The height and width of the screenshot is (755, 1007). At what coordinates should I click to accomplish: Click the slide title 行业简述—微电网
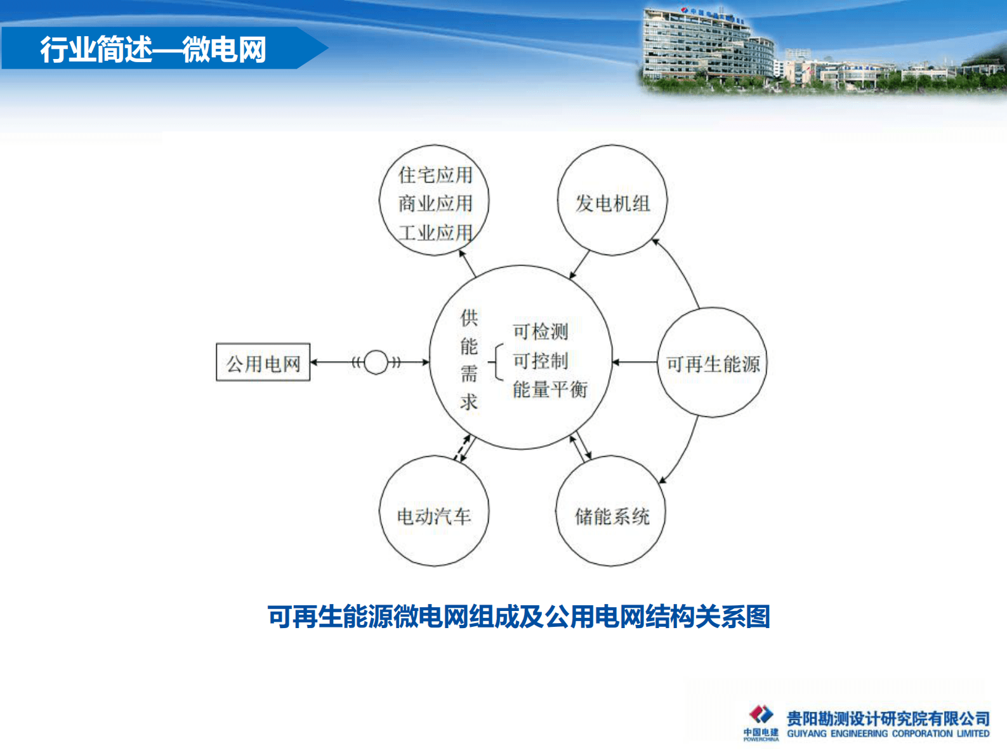click(x=153, y=49)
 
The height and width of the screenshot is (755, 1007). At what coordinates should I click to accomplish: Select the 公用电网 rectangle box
click(x=263, y=363)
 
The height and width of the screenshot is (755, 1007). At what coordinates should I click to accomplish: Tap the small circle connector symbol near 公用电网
click(x=376, y=362)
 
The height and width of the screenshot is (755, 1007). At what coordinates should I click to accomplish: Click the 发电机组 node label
click(x=612, y=203)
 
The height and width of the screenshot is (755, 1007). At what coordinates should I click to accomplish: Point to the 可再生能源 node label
click(x=713, y=364)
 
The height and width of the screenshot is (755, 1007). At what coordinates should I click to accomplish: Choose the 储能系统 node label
click(x=612, y=516)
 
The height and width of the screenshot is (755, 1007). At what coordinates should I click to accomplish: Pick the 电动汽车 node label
click(x=434, y=516)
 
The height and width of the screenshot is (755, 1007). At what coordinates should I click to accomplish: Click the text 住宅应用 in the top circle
click(x=435, y=174)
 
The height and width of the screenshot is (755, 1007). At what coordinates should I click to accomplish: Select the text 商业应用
click(x=435, y=204)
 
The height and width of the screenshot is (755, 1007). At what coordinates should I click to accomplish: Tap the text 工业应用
click(x=435, y=233)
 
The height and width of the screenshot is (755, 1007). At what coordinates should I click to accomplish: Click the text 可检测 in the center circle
click(x=540, y=331)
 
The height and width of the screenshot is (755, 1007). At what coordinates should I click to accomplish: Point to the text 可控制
click(x=540, y=360)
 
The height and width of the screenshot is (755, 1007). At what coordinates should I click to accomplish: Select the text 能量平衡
click(x=550, y=389)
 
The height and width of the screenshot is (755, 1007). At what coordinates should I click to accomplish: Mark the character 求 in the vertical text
click(x=469, y=402)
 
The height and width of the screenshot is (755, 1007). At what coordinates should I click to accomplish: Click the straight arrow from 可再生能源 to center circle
click(x=635, y=362)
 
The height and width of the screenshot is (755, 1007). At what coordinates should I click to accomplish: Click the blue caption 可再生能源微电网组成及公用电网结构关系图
click(x=518, y=617)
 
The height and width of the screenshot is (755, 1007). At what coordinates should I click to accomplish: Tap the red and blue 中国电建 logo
click(x=761, y=715)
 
